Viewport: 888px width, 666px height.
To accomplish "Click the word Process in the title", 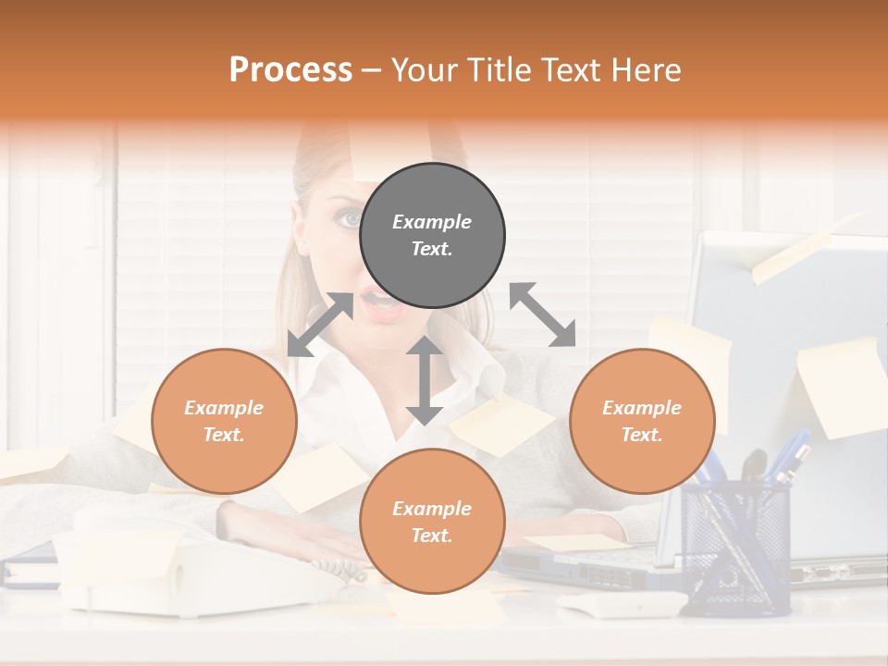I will coord(290,70).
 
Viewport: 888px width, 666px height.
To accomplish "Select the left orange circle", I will coord(224,421).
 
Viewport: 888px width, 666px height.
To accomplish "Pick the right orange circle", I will coord(642,421).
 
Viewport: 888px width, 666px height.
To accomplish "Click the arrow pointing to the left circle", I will coord(320,325).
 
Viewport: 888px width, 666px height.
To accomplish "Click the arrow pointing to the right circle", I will coord(542,315).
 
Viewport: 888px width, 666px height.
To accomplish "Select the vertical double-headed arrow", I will coord(425,380).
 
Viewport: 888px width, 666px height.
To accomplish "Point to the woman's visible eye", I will coord(350,218).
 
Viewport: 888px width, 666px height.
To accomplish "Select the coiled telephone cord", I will coord(339,568).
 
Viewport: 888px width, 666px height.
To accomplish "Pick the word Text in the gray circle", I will coord(431,249).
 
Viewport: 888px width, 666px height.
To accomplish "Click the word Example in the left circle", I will coord(224,408).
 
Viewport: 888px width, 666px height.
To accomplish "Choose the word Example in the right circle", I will coord(642,408).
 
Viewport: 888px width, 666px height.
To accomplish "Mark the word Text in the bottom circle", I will coord(431,536).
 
